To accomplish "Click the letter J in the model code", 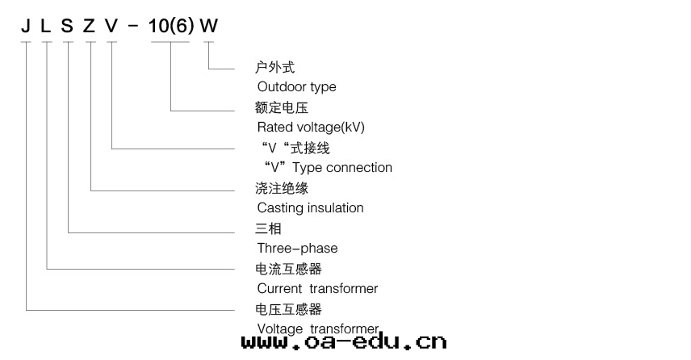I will [x=26, y=26].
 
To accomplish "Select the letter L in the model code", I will [x=46, y=26].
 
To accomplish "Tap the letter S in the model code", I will [x=67, y=26].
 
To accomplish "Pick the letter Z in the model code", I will [x=89, y=26].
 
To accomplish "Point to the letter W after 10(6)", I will [x=209, y=26].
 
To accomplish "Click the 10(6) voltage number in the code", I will [x=171, y=26].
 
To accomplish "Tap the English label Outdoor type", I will [x=296, y=86].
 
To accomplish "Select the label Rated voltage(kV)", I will [x=305, y=127].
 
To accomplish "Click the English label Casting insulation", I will [x=310, y=207].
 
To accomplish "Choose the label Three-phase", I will [x=297, y=248].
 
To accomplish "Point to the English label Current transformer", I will [x=317, y=288].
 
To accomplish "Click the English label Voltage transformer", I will [x=317, y=328].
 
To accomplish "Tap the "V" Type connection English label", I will [x=328, y=167].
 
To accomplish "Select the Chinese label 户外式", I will [x=274, y=67].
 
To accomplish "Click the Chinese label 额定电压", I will [x=282, y=107].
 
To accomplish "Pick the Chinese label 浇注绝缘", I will [x=282, y=188].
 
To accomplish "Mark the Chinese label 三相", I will [x=268, y=228].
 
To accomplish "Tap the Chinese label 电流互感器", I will [x=288, y=269].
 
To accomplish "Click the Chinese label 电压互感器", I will [x=288, y=309].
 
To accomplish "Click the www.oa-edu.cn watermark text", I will [x=344, y=342].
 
